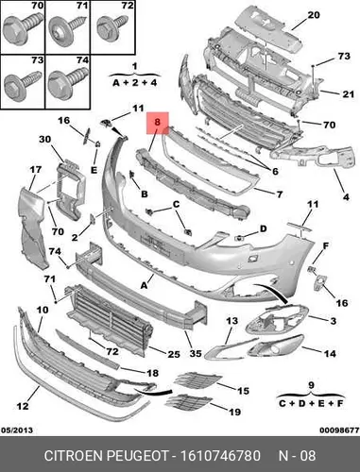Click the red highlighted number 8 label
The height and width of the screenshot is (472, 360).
click(x=158, y=123)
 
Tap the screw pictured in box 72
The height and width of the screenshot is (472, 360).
click(x=111, y=27)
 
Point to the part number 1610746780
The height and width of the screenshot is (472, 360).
click(x=220, y=456)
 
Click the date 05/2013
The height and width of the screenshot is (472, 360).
click(x=17, y=430)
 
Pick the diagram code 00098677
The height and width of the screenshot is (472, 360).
click(x=340, y=430)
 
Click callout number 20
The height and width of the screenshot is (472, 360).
click(x=314, y=15)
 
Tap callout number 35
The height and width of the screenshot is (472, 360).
click(x=196, y=353)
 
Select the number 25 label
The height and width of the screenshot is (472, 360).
click(x=174, y=354)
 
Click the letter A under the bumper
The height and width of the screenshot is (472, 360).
click(x=144, y=285)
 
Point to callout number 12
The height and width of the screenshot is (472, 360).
click(x=23, y=406)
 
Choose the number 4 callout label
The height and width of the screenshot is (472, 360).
click(x=346, y=197)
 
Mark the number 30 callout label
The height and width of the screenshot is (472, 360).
click(x=45, y=139)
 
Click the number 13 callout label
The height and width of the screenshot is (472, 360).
click(x=231, y=321)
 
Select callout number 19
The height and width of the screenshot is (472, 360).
click(x=234, y=412)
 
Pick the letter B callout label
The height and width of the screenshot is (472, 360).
click(x=145, y=194)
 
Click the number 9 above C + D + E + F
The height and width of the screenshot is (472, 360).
click(x=311, y=385)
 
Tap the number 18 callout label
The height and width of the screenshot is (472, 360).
click(x=153, y=373)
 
